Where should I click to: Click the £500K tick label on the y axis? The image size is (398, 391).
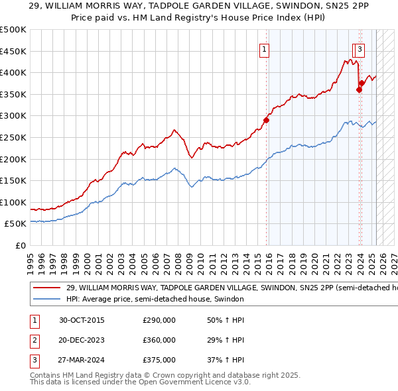click(13, 30)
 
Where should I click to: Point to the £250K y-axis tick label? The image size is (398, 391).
click(13, 138)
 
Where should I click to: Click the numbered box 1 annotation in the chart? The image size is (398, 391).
click(264, 48)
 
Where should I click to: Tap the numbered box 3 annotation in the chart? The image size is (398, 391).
click(360, 48)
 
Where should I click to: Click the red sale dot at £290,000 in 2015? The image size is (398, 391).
click(266, 120)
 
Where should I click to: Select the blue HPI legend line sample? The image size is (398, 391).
click(46, 299)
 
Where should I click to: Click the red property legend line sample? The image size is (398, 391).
click(46, 288)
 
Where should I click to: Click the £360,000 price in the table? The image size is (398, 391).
click(159, 340)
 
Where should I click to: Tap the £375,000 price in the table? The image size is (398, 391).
click(159, 360)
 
